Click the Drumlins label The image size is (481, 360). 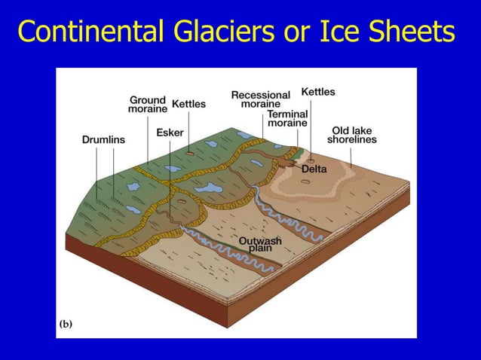pyautogui.click(x=103, y=139)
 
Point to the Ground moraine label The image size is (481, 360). pyautogui.click(x=147, y=105)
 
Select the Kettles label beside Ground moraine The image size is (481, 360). pyautogui.click(x=188, y=104)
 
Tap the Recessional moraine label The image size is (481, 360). pyautogui.click(x=260, y=99)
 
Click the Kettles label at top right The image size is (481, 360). pyautogui.click(x=318, y=92)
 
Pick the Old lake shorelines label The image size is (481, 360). pyautogui.click(x=352, y=135)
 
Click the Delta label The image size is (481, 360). pyautogui.click(x=314, y=169)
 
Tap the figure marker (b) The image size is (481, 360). pyautogui.click(x=66, y=325)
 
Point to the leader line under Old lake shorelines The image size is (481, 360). pyautogui.click(x=352, y=155)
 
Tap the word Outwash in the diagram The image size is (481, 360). pyautogui.click(x=260, y=241)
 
